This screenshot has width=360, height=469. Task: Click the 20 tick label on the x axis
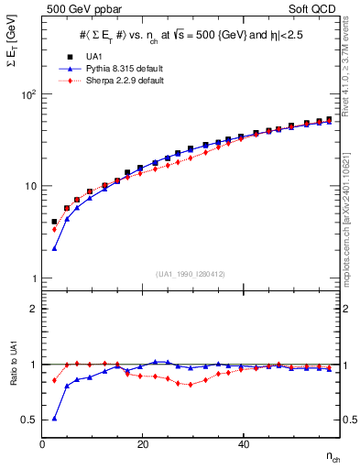click(142, 445)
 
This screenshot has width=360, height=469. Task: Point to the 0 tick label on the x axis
click(43, 445)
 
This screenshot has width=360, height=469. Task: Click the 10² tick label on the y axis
click(29, 94)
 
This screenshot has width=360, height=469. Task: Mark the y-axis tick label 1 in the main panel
click(33, 278)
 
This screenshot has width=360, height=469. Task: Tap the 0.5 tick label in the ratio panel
click(27, 420)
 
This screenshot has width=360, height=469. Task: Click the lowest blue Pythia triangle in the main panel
click(55, 248)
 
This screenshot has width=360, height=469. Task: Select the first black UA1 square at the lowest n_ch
click(55, 222)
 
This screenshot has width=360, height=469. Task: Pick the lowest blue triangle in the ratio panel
click(55, 419)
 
